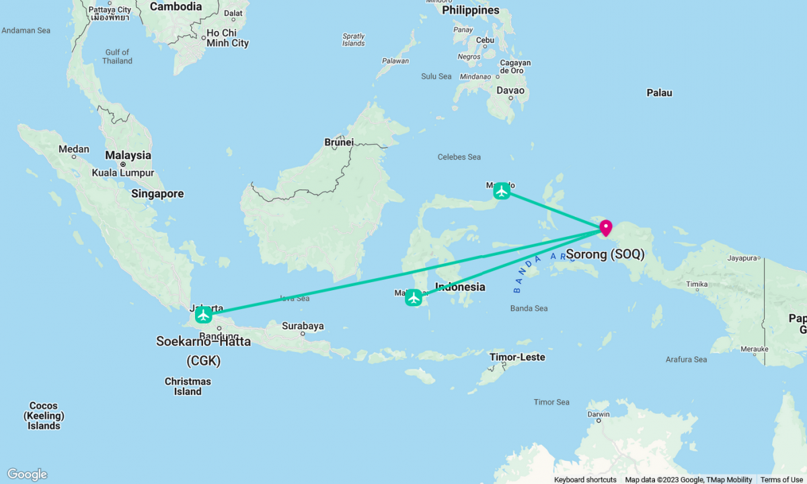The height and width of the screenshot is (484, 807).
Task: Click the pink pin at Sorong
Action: click(605, 227)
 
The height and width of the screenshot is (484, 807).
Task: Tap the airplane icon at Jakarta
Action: click(204, 314)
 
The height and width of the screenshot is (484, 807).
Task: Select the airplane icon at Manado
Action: click(502, 191)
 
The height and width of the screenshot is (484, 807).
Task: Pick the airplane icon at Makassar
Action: click(414, 298)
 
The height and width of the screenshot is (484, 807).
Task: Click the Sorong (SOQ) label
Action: click(605, 254)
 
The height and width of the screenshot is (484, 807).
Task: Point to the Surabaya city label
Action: click(303, 326)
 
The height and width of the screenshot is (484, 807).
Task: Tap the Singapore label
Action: click(157, 194)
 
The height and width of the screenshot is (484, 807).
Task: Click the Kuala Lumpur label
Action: click(124, 172)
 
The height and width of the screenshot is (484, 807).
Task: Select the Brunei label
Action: click(339, 142)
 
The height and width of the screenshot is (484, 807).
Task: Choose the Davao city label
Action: click(510, 90)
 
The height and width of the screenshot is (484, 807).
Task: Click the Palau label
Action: click(659, 93)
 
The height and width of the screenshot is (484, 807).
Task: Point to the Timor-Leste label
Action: click(517, 357)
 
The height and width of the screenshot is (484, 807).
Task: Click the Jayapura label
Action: click(742, 258)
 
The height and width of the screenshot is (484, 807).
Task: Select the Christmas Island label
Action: click(188, 386)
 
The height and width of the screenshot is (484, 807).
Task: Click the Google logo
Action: click(27, 475)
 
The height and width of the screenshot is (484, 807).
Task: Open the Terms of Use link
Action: click(781, 479)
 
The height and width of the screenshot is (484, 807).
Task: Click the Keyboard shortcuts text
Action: click(585, 479)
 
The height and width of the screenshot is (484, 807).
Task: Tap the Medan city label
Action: click(74, 149)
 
